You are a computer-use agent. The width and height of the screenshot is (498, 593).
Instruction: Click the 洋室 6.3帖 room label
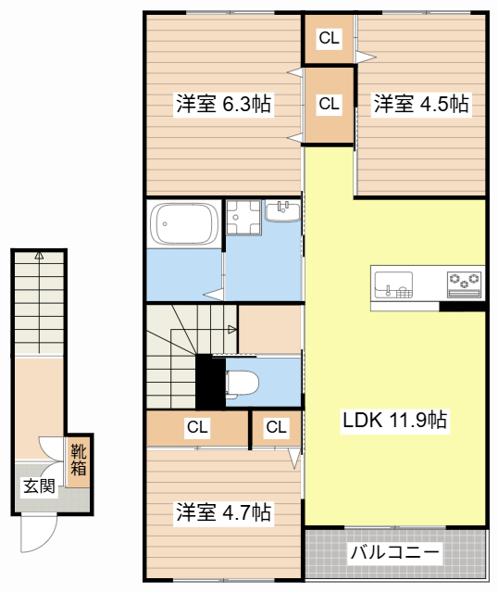pos(224,104)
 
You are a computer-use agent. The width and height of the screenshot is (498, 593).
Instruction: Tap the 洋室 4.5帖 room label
pos(421,104)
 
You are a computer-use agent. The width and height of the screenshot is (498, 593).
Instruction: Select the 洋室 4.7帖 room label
pos(224,512)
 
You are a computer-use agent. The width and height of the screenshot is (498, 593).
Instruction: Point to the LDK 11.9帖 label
pos(395,420)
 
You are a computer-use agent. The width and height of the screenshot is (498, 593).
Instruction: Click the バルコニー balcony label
pos(395,552)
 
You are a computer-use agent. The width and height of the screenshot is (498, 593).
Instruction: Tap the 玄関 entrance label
pos(39,486)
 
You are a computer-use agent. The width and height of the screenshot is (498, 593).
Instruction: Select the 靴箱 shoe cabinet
pos(78,462)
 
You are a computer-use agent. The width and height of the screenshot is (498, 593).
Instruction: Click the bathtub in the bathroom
pos(184,224)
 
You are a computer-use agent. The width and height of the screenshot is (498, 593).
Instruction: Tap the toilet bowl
pos(242,383)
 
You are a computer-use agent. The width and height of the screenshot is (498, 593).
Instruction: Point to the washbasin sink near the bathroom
pos(282,211)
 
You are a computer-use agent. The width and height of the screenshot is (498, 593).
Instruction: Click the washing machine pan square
pos(243,218)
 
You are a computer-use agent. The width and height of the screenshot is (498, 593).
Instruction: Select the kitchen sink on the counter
pos(393,284)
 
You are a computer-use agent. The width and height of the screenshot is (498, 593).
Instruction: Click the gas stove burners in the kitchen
pos(464,284)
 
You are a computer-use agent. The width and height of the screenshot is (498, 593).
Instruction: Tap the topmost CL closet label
pos(329,38)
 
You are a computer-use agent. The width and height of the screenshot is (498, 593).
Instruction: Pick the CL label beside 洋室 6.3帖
pos(329,104)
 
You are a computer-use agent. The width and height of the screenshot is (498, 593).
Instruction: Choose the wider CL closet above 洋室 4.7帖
pos(197,427)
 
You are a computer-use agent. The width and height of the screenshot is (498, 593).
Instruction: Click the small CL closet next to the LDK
pos(276,427)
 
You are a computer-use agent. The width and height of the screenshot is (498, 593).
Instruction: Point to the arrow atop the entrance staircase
pos(39,256)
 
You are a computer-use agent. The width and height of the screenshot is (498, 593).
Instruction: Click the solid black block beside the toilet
pos(210,382)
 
